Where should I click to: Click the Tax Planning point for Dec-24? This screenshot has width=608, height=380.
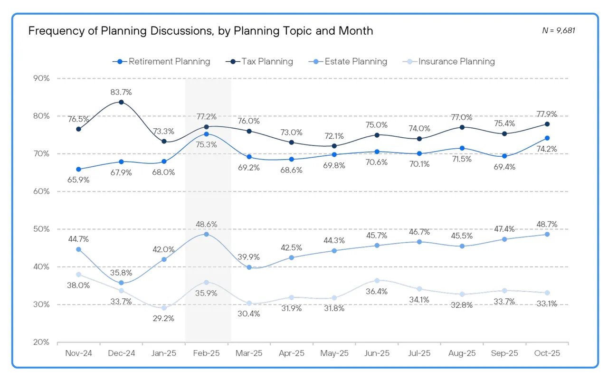121,102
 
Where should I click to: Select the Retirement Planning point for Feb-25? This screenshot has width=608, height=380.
206,134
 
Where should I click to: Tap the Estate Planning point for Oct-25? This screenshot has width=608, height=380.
547,234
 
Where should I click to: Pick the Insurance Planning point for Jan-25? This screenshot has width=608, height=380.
164,308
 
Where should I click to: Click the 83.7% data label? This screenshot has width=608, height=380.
121,92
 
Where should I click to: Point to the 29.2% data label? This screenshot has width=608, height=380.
163,318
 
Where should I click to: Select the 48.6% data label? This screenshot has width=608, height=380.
206,224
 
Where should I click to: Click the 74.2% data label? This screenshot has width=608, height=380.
547,149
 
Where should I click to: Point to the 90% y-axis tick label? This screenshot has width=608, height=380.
40,78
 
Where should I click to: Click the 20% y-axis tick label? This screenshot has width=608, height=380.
40,342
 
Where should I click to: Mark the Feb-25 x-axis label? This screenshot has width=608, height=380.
206,353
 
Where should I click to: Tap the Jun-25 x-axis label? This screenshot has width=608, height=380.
377,353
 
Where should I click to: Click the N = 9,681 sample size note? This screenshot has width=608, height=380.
559,30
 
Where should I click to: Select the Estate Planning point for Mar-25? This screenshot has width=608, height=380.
249,267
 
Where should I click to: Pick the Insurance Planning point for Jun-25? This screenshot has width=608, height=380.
377,281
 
